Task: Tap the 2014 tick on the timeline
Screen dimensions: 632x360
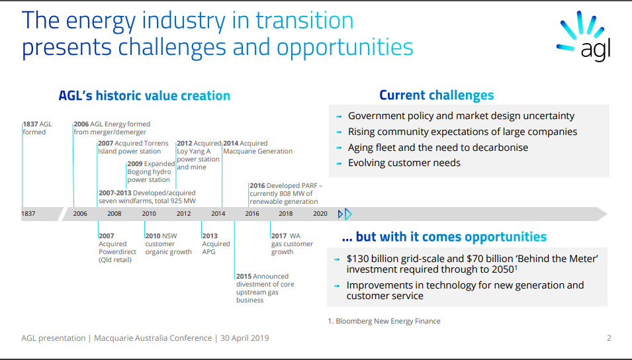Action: (218, 214)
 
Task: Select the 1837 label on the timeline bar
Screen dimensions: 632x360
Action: (28, 214)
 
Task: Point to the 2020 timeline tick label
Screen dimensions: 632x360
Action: (320, 214)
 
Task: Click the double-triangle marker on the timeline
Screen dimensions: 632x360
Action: (345, 214)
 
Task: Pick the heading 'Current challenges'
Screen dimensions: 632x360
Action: (437, 95)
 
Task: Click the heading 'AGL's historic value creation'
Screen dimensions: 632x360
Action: (144, 95)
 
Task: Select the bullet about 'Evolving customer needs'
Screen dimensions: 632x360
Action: (404, 163)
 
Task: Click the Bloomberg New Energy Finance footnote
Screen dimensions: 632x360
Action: (384, 322)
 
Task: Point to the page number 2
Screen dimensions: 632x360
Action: (609, 338)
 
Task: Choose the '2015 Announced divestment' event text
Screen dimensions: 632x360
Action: (265, 289)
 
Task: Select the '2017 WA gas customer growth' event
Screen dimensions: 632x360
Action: (292, 244)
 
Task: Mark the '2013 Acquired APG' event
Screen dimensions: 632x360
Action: (216, 244)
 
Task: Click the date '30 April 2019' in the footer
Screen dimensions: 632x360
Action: (245, 338)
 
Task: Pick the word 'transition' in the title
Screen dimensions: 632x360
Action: (304, 20)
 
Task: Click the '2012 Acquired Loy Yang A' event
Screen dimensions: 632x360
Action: (199, 156)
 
